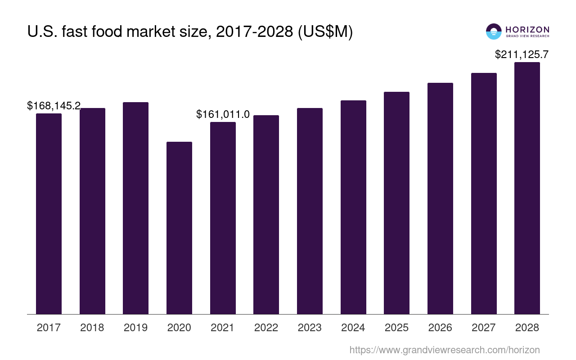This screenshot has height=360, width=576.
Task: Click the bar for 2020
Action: click(179, 228)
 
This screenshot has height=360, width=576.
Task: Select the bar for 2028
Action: click(527, 188)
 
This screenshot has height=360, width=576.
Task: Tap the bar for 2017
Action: click(49, 214)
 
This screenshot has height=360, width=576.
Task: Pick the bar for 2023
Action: click(310, 211)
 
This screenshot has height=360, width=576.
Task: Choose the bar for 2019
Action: click(135, 208)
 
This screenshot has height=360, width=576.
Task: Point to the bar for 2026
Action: click(440, 198)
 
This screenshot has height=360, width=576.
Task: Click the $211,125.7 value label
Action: click(522, 54)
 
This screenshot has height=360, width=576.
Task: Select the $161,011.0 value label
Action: click(223, 114)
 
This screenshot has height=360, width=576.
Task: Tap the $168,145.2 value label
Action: click(54, 106)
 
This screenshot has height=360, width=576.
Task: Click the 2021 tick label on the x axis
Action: click(222, 328)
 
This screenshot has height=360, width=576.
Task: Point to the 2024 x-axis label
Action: click(353, 328)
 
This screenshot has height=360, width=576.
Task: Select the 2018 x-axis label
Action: click(92, 328)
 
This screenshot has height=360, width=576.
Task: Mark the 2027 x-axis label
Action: click(483, 328)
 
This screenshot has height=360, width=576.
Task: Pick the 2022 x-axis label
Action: click(266, 328)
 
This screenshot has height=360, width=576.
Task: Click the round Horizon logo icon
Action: click(494, 31)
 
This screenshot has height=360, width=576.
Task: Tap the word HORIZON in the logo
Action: click(527, 29)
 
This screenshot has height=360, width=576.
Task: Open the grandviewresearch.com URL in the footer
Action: click(444, 350)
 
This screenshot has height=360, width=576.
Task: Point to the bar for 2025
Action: click(396, 203)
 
